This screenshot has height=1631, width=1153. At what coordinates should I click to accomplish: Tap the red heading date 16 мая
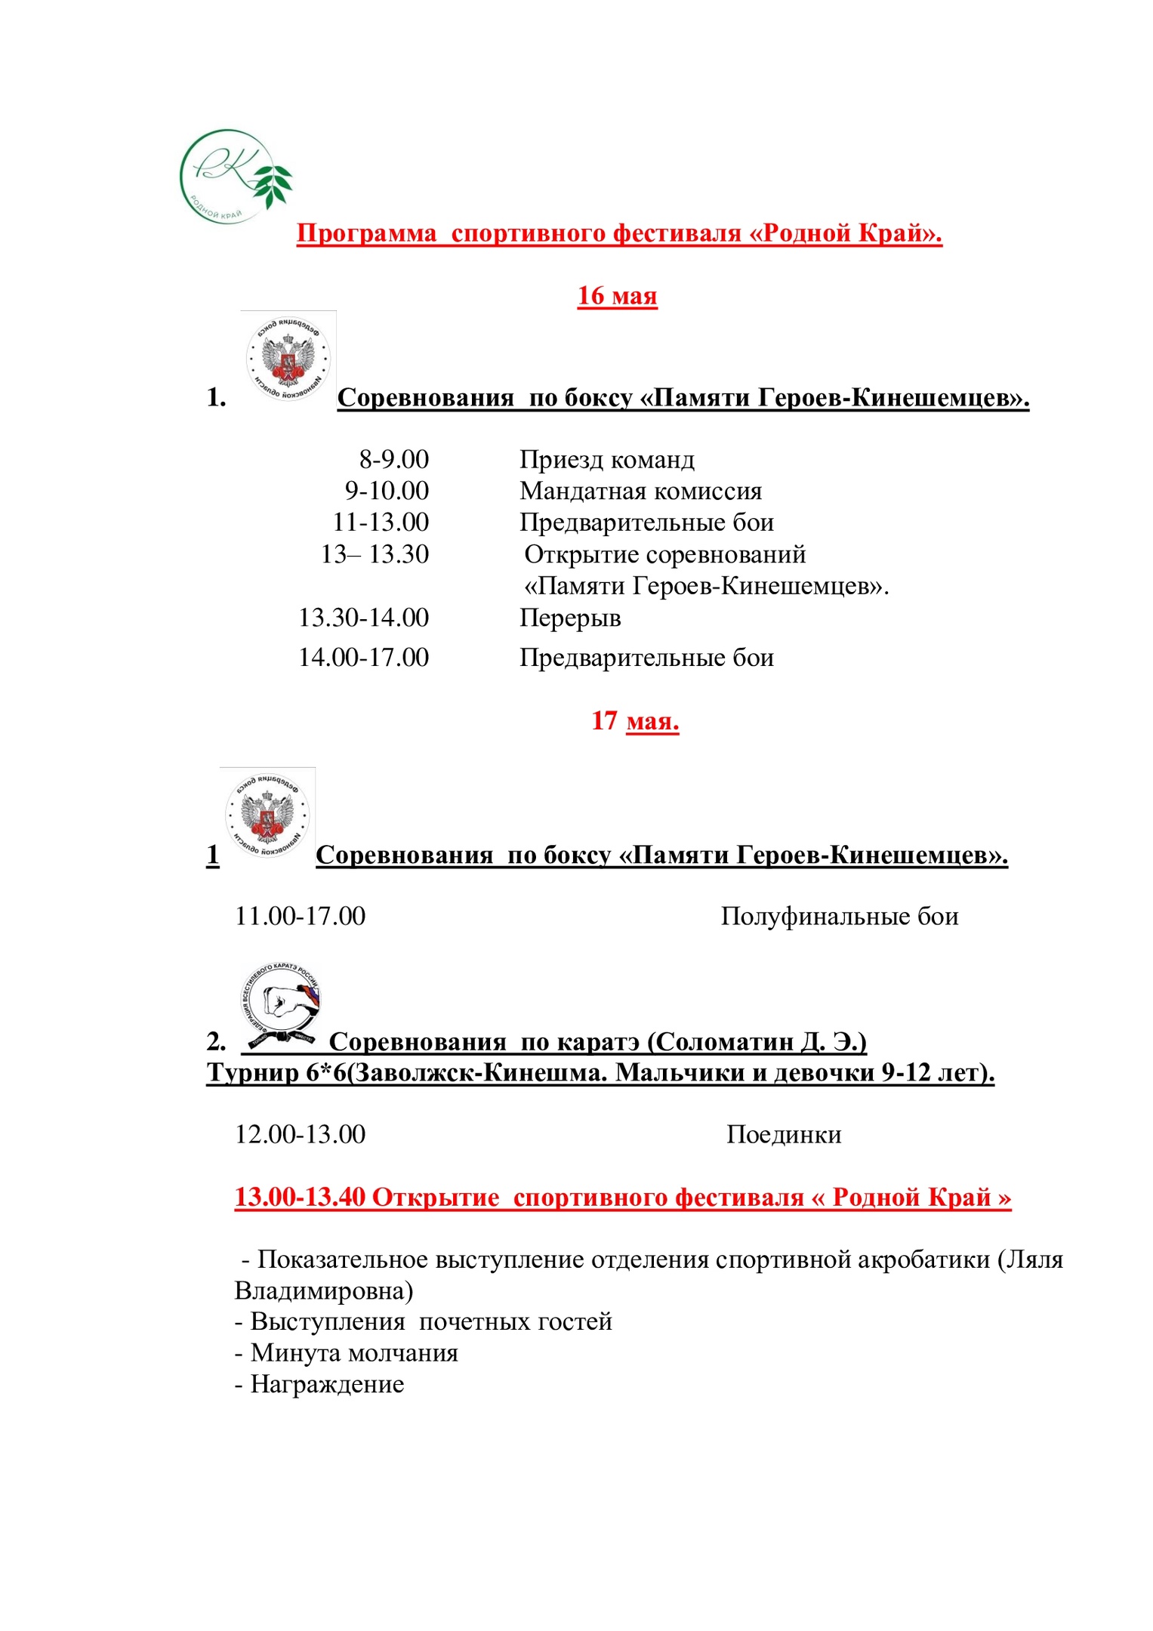tap(617, 295)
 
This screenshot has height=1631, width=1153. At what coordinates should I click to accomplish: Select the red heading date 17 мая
tap(635, 720)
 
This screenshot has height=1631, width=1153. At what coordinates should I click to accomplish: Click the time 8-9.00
tap(393, 459)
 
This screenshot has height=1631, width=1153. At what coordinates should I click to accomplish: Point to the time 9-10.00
tap(387, 491)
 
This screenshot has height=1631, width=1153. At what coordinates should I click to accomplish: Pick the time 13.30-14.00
tap(363, 618)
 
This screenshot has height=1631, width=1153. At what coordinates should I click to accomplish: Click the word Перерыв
tap(570, 618)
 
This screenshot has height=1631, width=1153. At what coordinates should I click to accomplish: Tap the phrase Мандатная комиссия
tap(640, 491)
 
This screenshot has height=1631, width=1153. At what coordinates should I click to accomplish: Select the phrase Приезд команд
tap(606, 459)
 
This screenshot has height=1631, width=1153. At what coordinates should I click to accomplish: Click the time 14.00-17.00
tap(363, 657)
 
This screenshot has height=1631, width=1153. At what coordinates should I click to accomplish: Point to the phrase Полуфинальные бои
tap(839, 916)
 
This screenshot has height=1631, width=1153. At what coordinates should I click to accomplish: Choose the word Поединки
tap(784, 1134)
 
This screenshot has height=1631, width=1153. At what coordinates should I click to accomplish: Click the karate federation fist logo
tap(280, 1007)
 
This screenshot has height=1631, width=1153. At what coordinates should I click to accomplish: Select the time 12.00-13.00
tap(300, 1134)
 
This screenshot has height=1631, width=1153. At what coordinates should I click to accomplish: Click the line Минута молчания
tap(347, 1352)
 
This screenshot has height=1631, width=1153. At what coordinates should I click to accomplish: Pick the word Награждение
tap(327, 1384)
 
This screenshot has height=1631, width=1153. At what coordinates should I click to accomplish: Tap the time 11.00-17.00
tap(300, 916)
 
